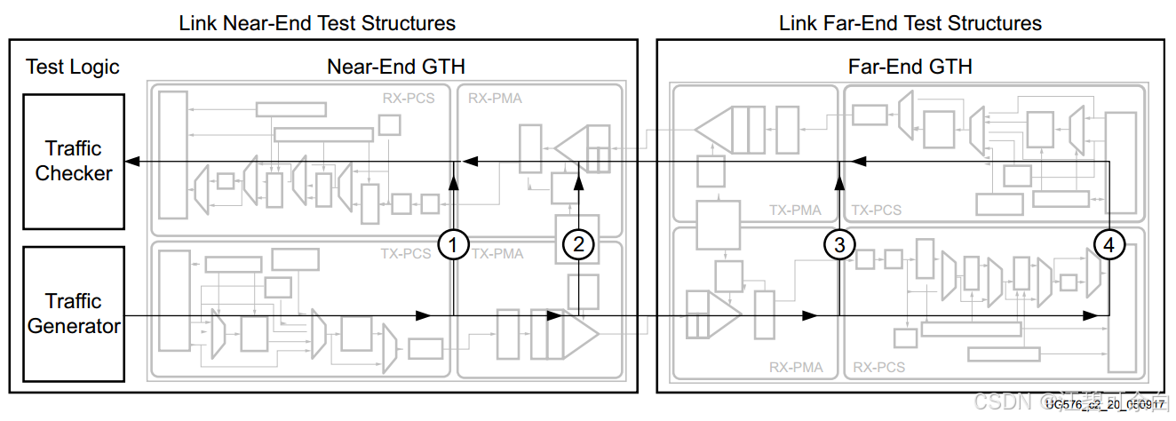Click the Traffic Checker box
(x=73, y=162)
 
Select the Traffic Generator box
(x=73, y=314)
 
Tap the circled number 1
(x=454, y=245)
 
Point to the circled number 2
(x=578, y=245)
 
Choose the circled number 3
(x=839, y=243)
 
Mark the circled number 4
(x=1108, y=243)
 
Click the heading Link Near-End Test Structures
(x=317, y=23)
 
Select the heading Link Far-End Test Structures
(x=910, y=23)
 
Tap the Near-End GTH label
(x=396, y=67)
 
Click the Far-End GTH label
(x=910, y=67)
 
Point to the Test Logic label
(x=72, y=68)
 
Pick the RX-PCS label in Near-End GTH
(x=409, y=99)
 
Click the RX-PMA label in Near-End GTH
(x=495, y=99)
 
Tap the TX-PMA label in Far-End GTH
(x=796, y=210)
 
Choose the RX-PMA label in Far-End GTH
(x=796, y=367)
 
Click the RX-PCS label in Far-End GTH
(x=878, y=367)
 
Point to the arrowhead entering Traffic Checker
(x=131, y=161)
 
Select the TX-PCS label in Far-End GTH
(x=877, y=210)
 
